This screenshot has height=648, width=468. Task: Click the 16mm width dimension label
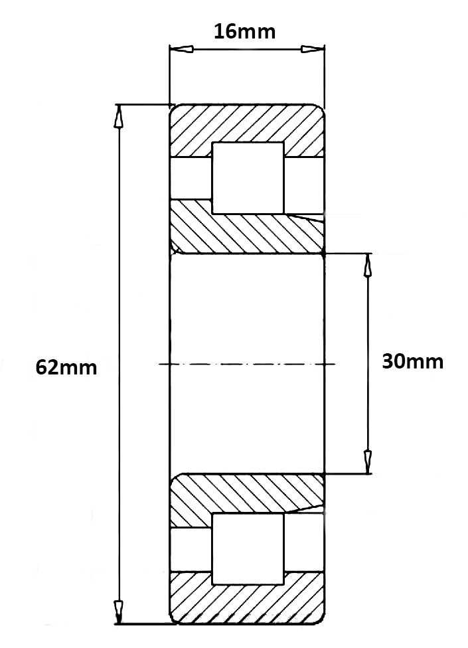244,31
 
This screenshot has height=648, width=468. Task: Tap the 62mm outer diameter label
66,367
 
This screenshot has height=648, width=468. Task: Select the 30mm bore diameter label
412,362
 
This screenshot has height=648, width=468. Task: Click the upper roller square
248,177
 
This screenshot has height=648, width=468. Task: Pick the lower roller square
248,548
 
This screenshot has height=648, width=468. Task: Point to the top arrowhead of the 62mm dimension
119,116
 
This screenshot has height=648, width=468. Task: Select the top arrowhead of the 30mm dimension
368,265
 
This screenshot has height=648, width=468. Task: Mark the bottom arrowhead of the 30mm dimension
368,459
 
